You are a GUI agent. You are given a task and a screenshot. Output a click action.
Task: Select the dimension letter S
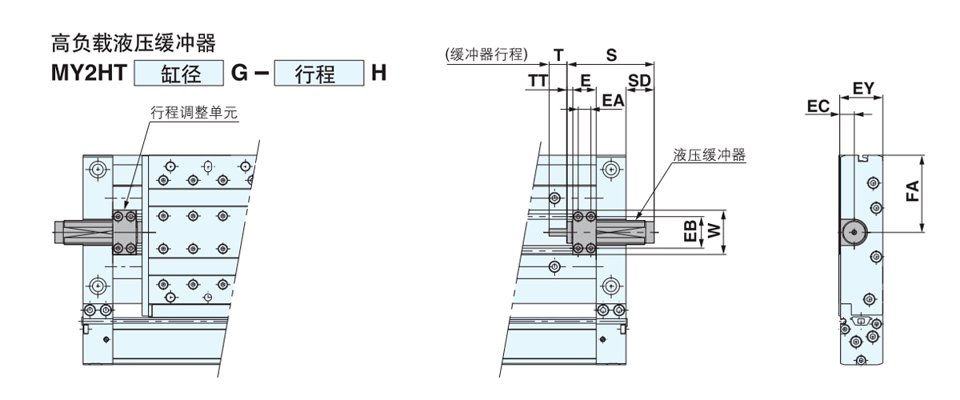pos(610,55)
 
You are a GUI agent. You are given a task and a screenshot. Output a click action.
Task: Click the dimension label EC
pos(818,105)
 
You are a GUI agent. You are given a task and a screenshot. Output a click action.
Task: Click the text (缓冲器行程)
pos(486,55)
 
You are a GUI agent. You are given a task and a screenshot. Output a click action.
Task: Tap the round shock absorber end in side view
pos(853,232)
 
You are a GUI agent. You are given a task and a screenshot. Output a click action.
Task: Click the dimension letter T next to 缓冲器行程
pos(558,55)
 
